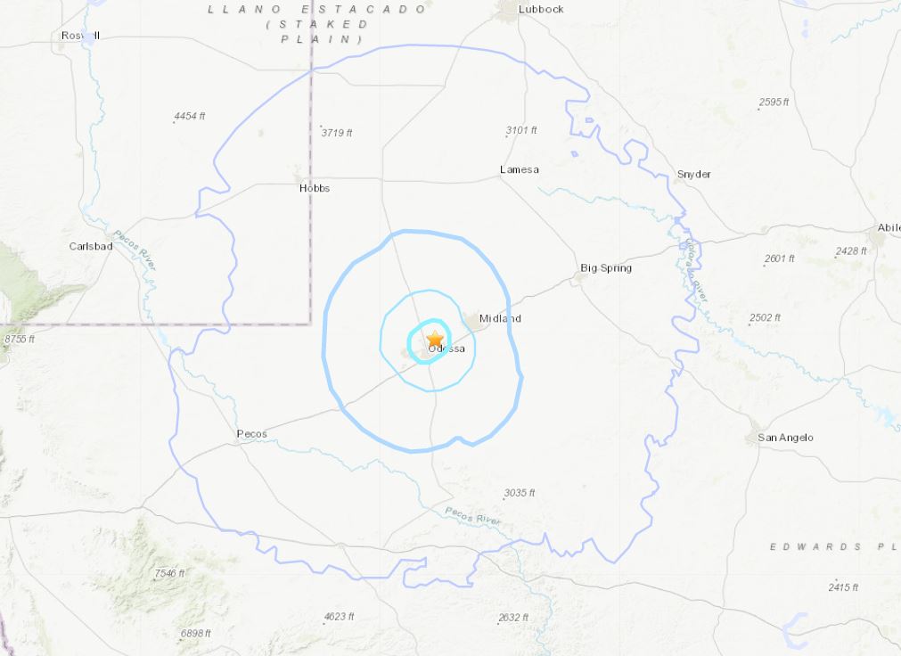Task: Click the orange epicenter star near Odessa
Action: tap(435, 340)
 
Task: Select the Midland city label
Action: tap(500, 318)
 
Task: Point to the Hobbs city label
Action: tap(315, 188)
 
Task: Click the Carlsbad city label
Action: tap(91, 246)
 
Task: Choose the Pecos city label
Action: tap(251, 434)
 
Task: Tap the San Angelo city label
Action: tap(785, 438)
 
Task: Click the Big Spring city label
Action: tap(606, 267)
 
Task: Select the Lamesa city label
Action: tap(520, 169)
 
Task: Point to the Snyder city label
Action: tap(694, 174)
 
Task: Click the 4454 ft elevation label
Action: tap(190, 117)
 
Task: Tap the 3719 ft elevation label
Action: tap(337, 133)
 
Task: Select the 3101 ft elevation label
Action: tap(521, 130)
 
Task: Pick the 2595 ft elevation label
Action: tap(774, 102)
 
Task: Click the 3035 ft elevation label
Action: tap(520, 492)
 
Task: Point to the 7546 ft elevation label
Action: tap(169, 573)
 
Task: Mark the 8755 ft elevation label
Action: tap(20, 339)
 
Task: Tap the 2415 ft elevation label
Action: tap(843, 586)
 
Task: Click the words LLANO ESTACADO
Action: tap(318, 9)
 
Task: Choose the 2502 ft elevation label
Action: tap(765, 317)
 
